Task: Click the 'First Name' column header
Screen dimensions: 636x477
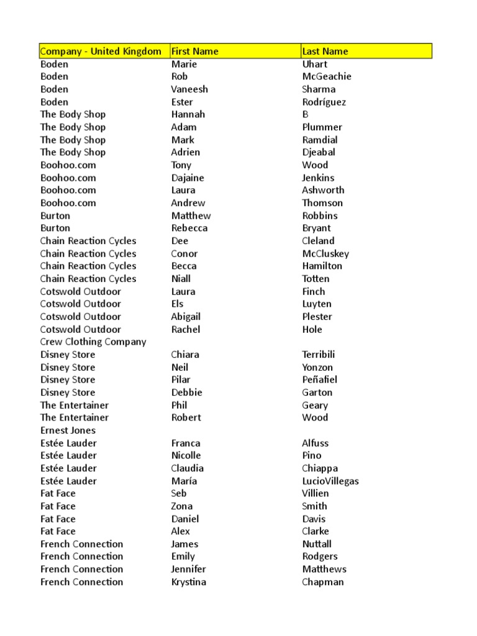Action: pyautogui.click(x=194, y=52)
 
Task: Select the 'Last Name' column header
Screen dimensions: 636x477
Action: pyautogui.click(x=325, y=52)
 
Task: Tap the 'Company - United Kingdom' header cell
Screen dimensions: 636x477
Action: pyautogui.click(x=101, y=52)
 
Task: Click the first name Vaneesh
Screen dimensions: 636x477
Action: pyautogui.click(x=189, y=89)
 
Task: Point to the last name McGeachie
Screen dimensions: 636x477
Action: pyautogui.click(x=327, y=76)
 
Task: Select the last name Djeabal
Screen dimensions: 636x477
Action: pyautogui.click(x=319, y=152)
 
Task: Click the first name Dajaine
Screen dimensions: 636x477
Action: pyautogui.click(x=188, y=178)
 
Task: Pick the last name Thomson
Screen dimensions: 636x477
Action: pyautogui.click(x=322, y=202)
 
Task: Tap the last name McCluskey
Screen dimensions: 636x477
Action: pyautogui.click(x=325, y=253)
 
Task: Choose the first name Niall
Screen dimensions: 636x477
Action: pyautogui.click(x=181, y=279)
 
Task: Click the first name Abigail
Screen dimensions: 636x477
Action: pyautogui.click(x=186, y=317)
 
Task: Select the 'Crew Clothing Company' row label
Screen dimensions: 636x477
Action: pyautogui.click(x=93, y=342)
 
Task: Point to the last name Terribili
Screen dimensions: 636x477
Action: pyautogui.click(x=319, y=355)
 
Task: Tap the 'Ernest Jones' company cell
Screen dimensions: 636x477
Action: pyautogui.click(x=68, y=430)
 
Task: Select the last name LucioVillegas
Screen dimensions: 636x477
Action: pyautogui.click(x=330, y=481)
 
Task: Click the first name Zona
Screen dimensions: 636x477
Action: pyautogui.click(x=182, y=506)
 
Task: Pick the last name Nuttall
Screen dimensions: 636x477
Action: pyautogui.click(x=317, y=544)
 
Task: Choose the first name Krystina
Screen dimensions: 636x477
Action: pyautogui.click(x=189, y=582)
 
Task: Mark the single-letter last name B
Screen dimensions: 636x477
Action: pyautogui.click(x=305, y=114)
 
